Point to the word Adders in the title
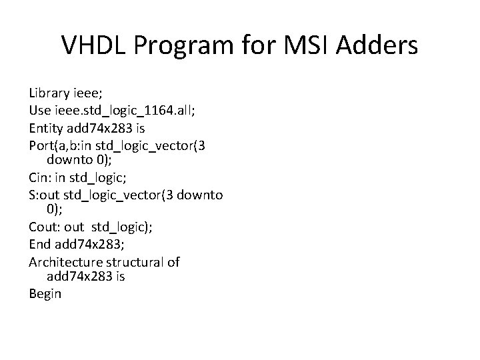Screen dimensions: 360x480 click(x=381, y=46)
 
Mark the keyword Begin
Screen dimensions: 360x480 click(x=45, y=293)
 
